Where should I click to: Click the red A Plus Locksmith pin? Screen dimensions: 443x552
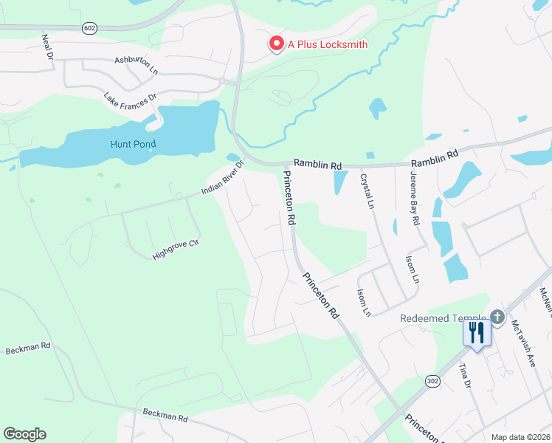click(x=277, y=44)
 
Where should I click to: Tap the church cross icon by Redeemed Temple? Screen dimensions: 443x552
click(x=497, y=318)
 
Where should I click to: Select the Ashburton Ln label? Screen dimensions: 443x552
click(x=137, y=65)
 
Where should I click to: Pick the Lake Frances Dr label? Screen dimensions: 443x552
click(x=131, y=97)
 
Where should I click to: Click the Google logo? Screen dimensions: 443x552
click(x=24, y=434)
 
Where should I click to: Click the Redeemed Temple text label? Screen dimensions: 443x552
click(x=444, y=318)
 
